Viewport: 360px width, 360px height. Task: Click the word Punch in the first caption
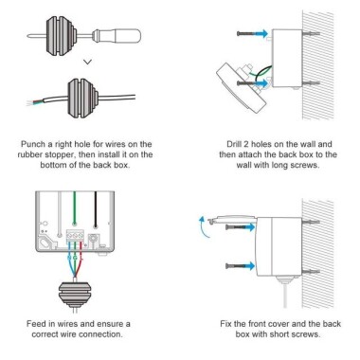[35, 145]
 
